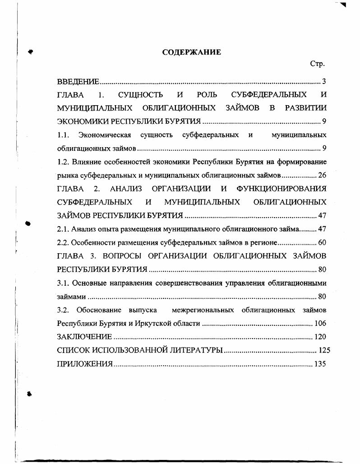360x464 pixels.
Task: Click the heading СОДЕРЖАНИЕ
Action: [x=191, y=52]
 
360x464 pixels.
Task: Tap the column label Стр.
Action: [x=318, y=64]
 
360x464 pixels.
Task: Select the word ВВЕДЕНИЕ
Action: [x=78, y=82]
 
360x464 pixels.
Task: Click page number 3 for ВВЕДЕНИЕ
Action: [x=323, y=82]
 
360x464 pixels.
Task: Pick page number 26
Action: [x=322, y=175]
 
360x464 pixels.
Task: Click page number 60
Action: [x=322, y=242]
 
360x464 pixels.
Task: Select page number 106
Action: [x=320, y=324]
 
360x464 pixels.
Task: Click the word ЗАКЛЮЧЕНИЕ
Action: [x=84, y=337]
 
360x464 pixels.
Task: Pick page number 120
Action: [x=320, y=337]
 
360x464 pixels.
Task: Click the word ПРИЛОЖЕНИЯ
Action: [x=84, y=364]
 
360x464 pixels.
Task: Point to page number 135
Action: [x=320, y=364]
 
